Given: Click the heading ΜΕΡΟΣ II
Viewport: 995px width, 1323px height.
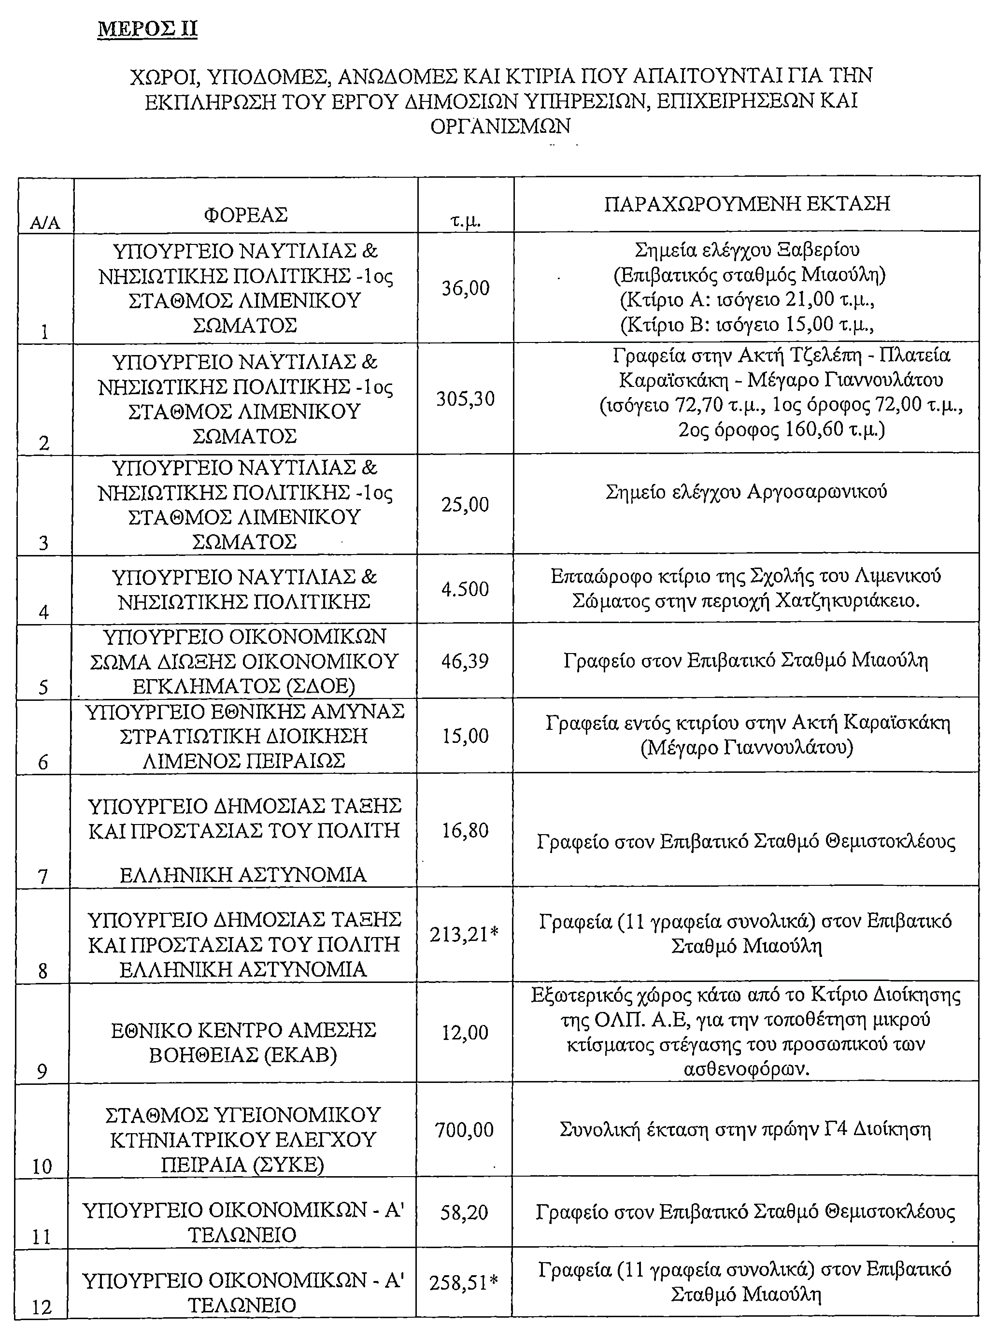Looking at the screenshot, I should tap(147, 29).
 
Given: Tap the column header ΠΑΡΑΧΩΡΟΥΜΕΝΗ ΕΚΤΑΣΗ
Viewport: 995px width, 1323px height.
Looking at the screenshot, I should tap(746, 204).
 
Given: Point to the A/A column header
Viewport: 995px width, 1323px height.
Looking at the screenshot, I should tap(45, 223).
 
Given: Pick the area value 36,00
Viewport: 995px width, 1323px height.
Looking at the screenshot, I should tap(465, 288).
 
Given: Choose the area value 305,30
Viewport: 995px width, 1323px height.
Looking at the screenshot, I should tap(465, 398).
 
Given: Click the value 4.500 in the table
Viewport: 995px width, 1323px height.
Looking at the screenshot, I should tap(465, 589).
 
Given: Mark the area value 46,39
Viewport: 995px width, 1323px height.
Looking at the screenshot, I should tap(465, 661).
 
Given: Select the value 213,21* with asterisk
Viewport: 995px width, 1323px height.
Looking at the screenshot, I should tap(464, 934).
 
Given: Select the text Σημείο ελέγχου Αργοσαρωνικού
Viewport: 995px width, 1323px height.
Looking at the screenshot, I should tap(746, 492).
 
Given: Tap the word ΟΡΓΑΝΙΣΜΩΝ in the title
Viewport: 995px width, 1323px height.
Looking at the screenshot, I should tap(500, 126).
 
